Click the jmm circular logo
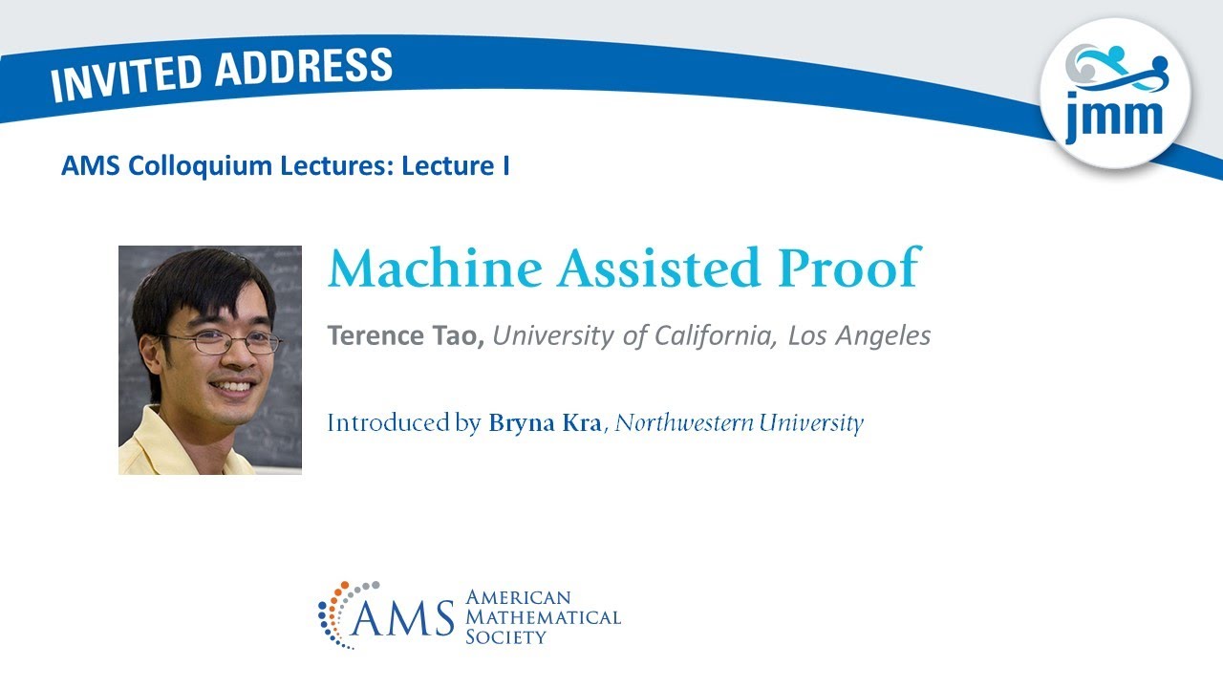[x=1115, y=94]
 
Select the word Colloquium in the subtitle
[x=200, y=166]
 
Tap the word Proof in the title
[x=848, y=269]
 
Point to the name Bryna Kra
[x=545, y=422]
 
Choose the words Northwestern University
[x=739, y=422]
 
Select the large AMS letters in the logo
[x=404, y=619]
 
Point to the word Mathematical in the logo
[x=542, y=617]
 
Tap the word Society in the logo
[x=505, y=636]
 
